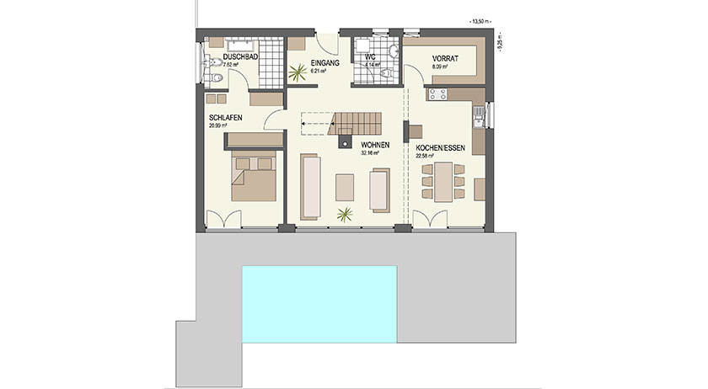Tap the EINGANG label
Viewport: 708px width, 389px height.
tap(324, 63)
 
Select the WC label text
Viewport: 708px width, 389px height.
tap(369, 57)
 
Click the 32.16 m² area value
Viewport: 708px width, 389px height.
tap(371, 154)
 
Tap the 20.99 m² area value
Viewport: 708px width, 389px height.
tap(219, 125)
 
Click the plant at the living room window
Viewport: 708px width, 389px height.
tap(344, 215)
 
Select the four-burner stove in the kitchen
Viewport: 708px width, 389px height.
tap(438, 94)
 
